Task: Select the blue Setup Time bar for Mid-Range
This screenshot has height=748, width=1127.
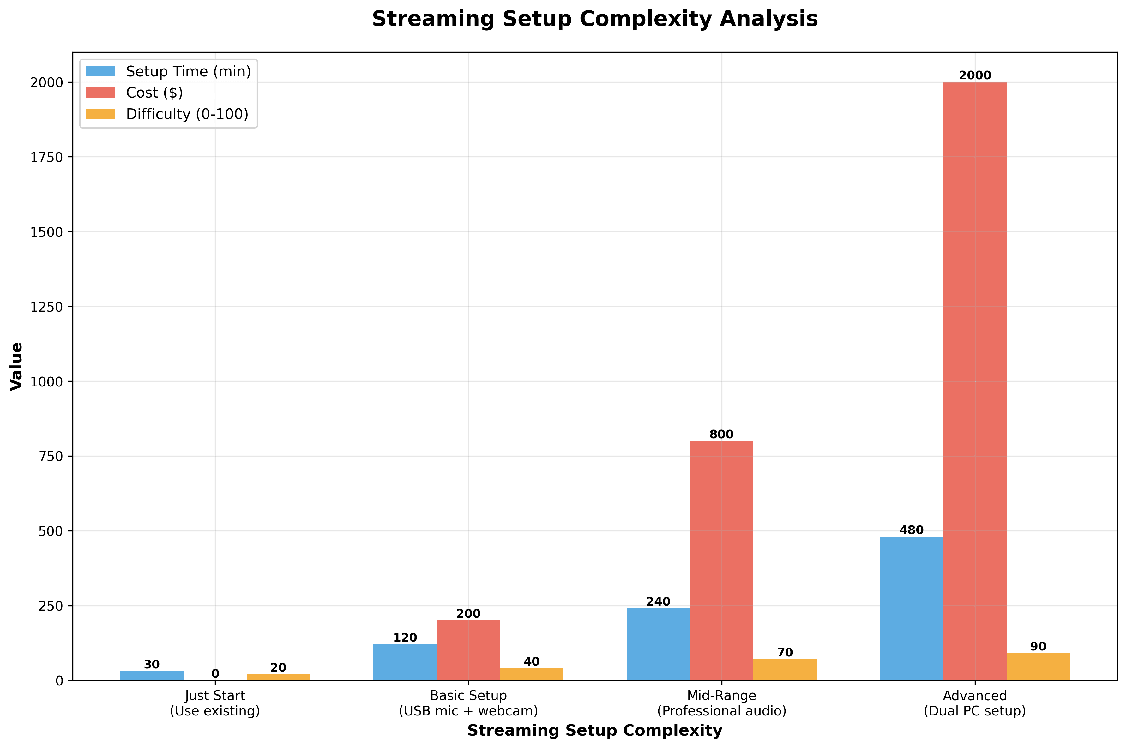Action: [658, 644]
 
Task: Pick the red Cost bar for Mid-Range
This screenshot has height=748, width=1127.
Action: [721, 560]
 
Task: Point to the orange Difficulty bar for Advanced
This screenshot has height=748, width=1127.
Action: [1038, 667]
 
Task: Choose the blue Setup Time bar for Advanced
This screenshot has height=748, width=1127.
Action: [911, 608]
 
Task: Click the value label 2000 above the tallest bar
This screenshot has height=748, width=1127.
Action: [974, 75]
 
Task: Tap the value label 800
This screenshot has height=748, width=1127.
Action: [721, 434]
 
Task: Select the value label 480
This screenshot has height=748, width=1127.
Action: [911, 530]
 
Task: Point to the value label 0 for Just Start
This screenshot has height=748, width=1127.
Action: [215, 673]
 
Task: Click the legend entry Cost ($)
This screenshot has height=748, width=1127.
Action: [154, 93]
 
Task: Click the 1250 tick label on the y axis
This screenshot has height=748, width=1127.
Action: [46, 307]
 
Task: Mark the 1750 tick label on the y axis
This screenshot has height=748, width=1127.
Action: [46, 158]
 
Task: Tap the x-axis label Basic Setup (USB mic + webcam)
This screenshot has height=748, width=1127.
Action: [468, 703]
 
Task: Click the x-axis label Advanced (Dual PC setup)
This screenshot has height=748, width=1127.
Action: [974, 703]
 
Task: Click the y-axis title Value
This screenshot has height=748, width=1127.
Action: [17, 366]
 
